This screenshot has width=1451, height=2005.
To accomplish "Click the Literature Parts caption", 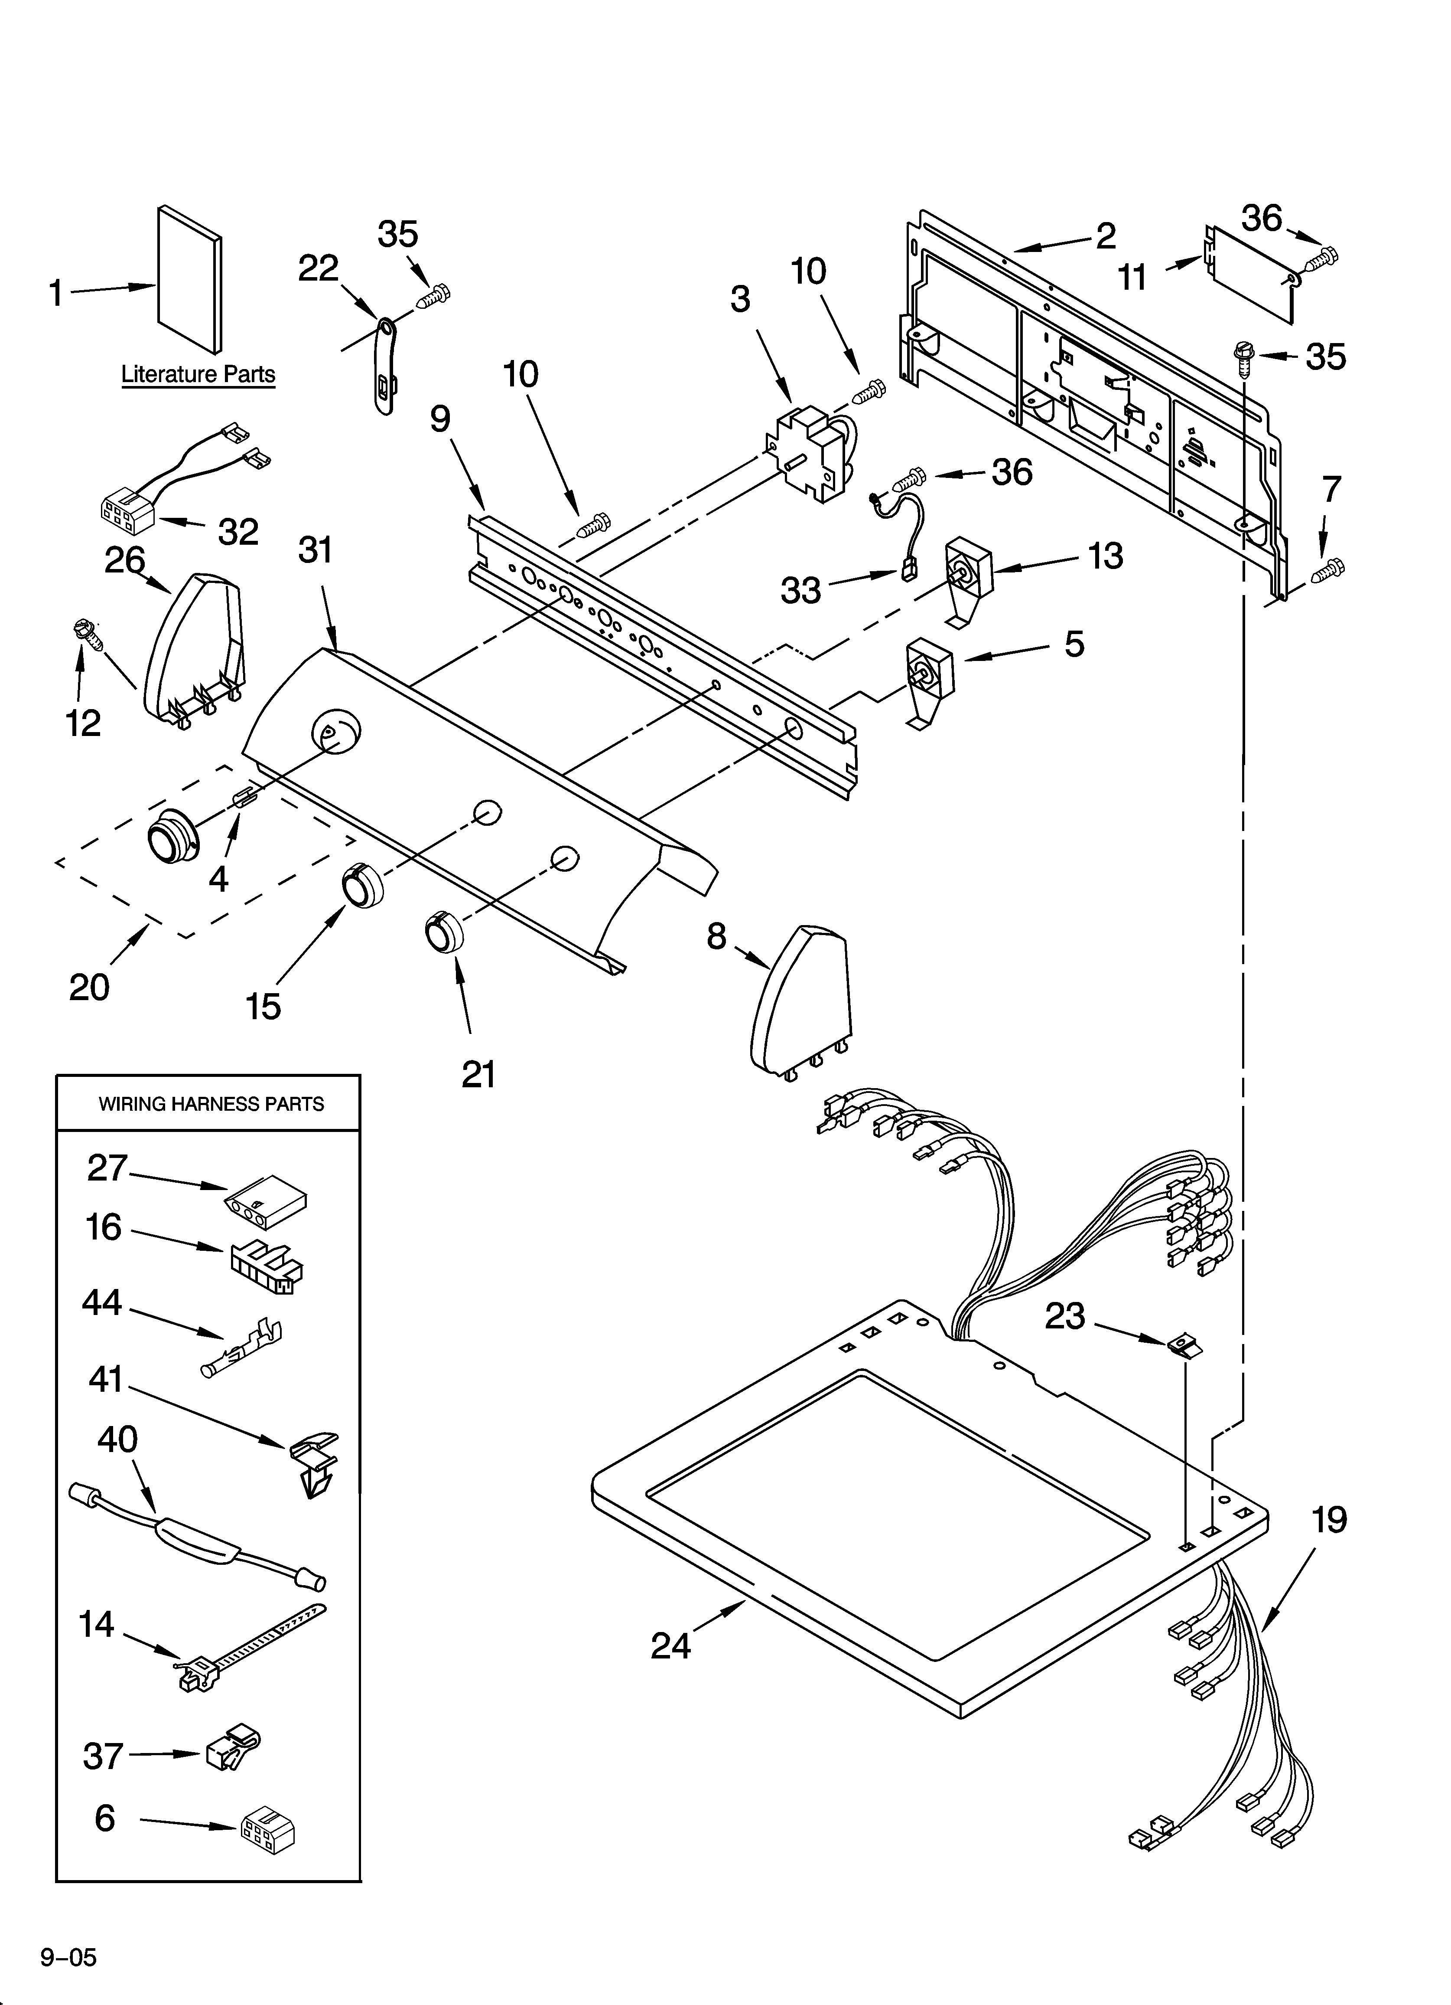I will pyautogui.click(x=198, y=374).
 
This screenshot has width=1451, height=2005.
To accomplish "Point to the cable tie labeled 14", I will pyautogui.click(x=247, y=1648).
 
